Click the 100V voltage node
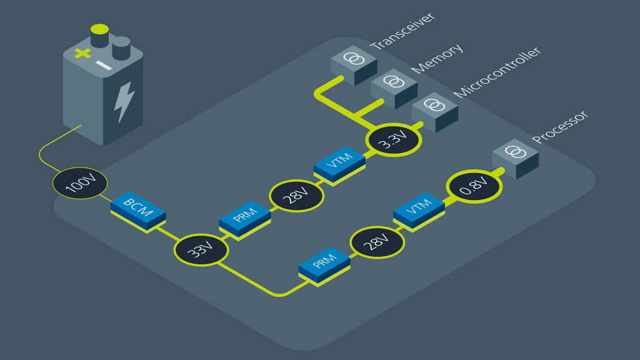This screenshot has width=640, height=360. tap(80, 183)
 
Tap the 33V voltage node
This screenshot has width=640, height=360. tap(201, 250)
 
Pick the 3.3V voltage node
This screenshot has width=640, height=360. tap(394, 140)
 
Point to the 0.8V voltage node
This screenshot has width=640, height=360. tap(474, 186)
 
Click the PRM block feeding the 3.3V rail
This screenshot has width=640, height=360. tap(245, 218)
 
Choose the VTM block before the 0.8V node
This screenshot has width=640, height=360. tap(419, 209)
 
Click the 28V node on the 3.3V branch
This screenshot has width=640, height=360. tap(297, 196)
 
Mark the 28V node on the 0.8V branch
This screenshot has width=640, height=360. tap(377, 242)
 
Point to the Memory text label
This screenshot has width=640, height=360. tap(437, 57)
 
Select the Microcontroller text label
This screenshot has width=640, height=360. tap(496, 72)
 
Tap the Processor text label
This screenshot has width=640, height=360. tap(560, 127)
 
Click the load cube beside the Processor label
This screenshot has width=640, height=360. tap(515, 156)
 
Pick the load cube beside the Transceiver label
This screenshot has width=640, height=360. tap(354, 64)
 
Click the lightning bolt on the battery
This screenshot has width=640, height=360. tap(124, 101)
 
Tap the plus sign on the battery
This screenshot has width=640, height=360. tap(82, 53)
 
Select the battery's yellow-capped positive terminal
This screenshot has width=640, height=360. tap(99, 35)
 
